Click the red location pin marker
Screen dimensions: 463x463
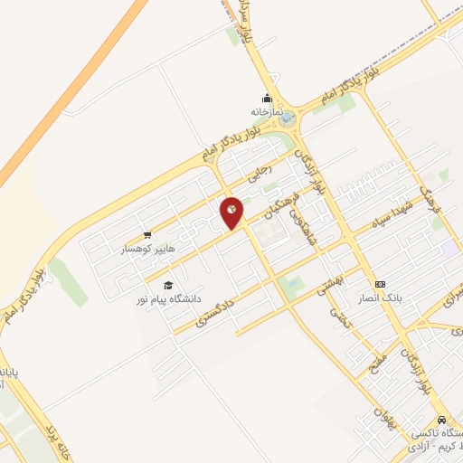(232, 213)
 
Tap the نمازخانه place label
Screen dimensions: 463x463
(267, 111)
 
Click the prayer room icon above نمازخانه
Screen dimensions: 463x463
(267, 99)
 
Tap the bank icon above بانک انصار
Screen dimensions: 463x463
(380, 284)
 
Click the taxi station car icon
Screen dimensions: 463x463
(440, 420)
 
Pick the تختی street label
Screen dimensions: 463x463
(339, 317)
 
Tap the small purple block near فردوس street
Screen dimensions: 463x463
(449, 247)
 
